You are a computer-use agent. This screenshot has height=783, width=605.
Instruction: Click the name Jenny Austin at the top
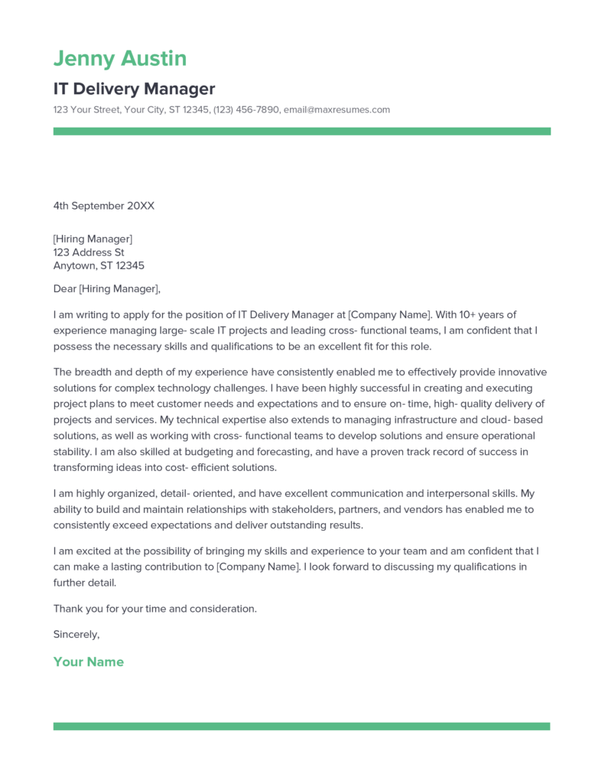point(120,59)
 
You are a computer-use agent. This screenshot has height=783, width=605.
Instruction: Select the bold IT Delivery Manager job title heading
point(134,89)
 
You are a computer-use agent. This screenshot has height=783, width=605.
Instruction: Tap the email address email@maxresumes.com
point(337,110)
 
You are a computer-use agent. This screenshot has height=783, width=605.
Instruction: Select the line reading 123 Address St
point(89,252)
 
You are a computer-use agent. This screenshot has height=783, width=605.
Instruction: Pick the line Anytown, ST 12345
point(99,266)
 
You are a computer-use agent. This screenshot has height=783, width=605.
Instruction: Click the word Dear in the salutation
point(64,289)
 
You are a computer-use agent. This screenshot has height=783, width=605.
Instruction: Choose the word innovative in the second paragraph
point(522,372)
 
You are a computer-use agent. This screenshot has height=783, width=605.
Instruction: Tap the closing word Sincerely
point(76,634)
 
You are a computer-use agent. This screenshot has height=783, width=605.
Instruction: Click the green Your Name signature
point(88,662)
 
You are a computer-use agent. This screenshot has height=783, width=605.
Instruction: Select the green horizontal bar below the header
point(301,132)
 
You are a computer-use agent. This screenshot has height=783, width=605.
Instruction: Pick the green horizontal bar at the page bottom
point(301,726)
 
